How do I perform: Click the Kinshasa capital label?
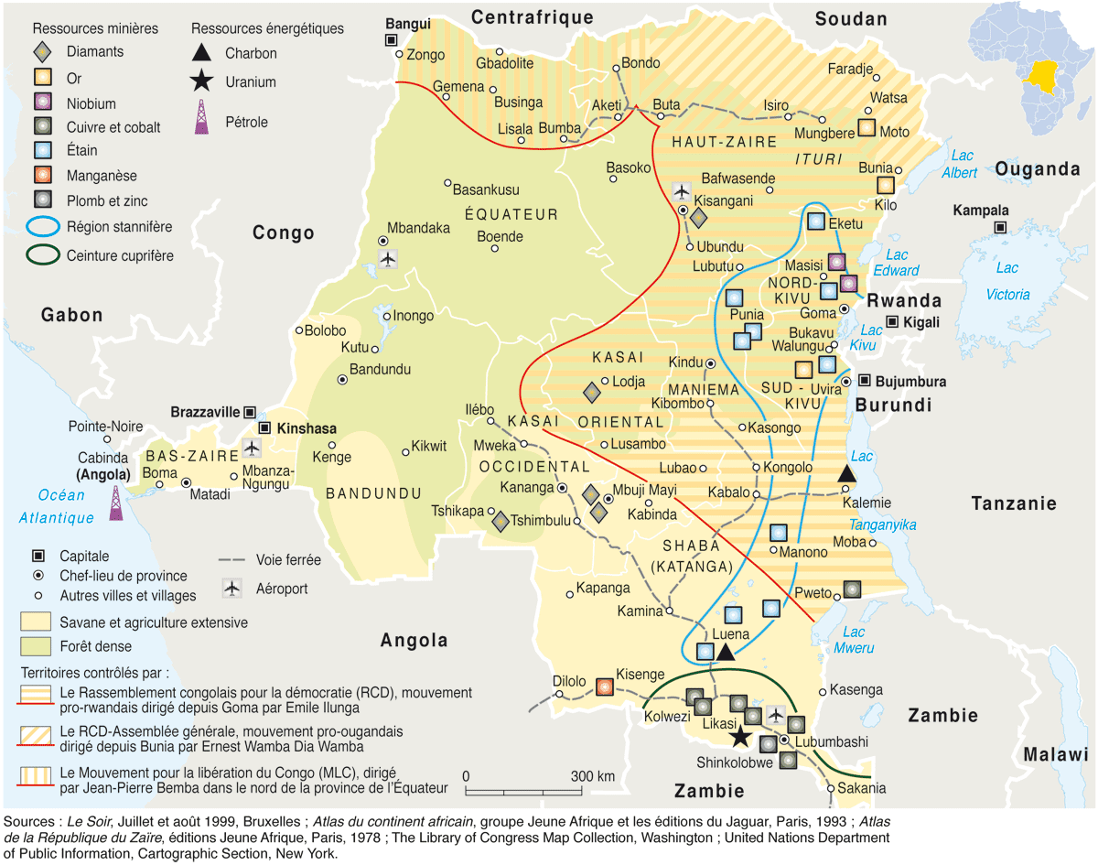[x=307, y=428]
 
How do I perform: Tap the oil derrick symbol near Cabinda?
[x=116, y=503]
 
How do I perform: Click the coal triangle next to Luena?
[x=726, y=652]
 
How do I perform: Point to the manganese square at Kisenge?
[x=604, y=686]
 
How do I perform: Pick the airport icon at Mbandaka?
[x=388, y=259]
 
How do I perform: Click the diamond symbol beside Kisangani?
[x=698, y=217]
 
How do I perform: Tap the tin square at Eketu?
[x=816, y=221]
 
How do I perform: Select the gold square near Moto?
[x=867, y=128]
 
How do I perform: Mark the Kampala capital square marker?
[x=1001, y=226]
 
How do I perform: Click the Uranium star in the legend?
[x=200, y=81]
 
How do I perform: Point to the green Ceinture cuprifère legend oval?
[x=38, y=255]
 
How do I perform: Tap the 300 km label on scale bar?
[x=592, y=776]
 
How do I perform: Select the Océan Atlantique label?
[x=60, y=506]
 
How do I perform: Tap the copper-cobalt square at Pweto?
[x=851, y=589]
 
